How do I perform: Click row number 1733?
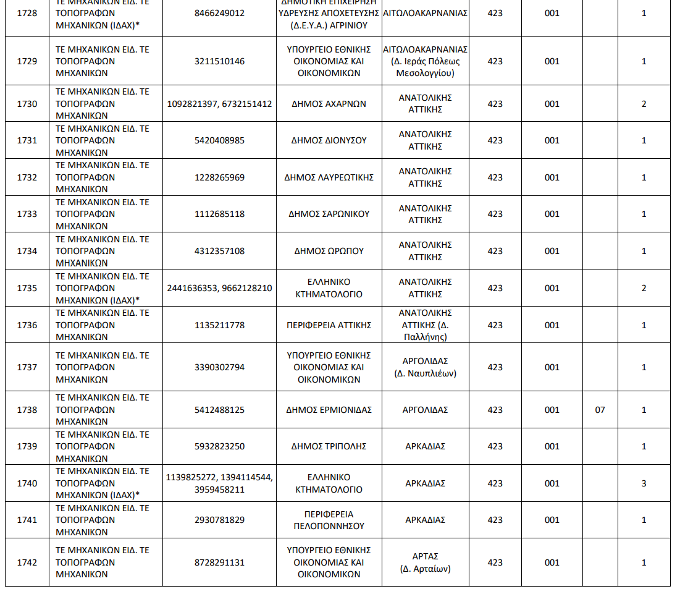(x=27, y=214)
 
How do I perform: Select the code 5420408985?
(x=219, y=140)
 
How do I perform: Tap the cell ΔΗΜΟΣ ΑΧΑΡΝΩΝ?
(x=329, y=104)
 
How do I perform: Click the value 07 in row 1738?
(x=600, y=410)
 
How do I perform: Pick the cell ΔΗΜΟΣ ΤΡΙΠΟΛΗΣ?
(x=329, y=446)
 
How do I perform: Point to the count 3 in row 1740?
(x=644, y=483)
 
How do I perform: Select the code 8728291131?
(x=219, y=562)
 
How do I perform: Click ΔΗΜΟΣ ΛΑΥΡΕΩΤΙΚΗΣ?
(x=329, y=177)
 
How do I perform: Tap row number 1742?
(x=27, y=562)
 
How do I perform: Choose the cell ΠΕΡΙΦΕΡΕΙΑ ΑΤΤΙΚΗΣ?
(x=329, y=325)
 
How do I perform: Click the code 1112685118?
(x=219, y=214)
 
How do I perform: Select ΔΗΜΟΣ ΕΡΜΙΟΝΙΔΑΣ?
(x=329, y=410)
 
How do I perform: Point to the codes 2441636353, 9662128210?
(x=219, y=288)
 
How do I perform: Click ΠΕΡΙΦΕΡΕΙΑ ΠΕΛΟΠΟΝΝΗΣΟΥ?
(x=329, y=520)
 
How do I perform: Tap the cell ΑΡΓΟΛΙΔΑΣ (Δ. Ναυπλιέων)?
(x=425, y=367)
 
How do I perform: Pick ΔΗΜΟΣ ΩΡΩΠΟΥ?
(x=329, y=251)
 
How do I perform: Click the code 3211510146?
(x=219, y=61)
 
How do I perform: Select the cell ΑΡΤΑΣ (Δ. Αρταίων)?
(x=425, y=562)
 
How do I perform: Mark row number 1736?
(x=27, y=325)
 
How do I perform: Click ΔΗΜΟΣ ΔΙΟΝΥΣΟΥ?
(x=329, y=140)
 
